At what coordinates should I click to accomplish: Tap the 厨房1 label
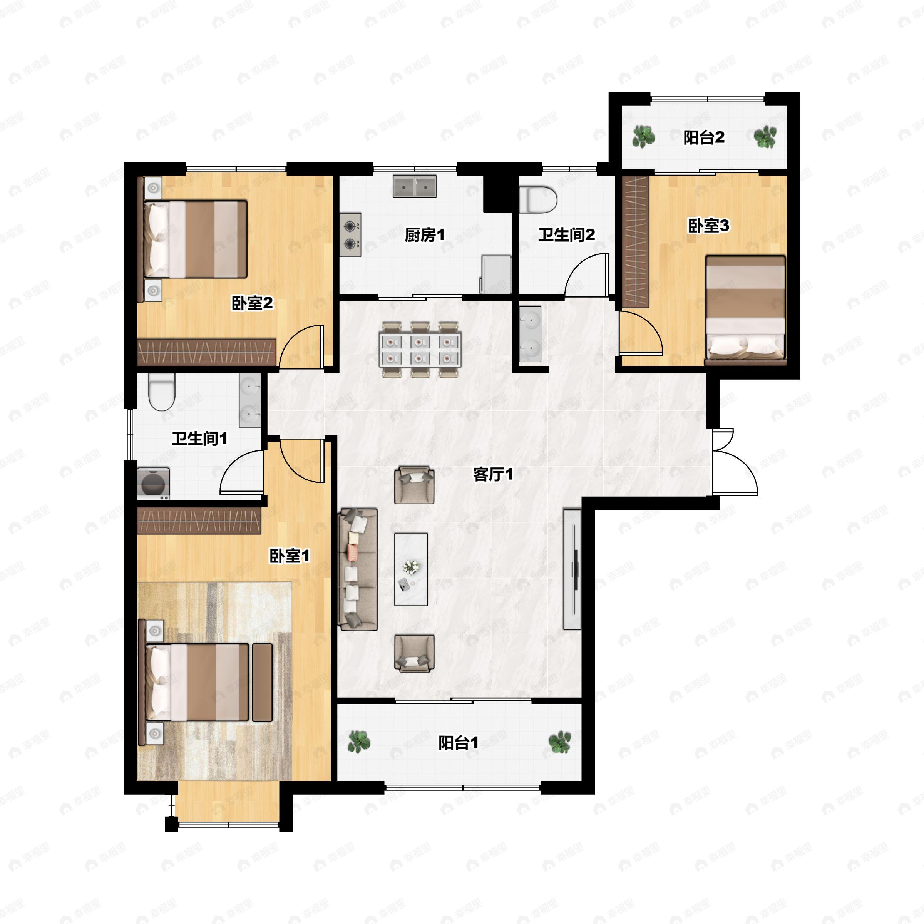[425, 235]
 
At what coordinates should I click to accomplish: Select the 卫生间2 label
[567, 234]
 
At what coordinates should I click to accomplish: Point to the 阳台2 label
[703, 138]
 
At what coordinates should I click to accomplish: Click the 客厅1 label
[493, 474]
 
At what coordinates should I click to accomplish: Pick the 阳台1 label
[458, 743]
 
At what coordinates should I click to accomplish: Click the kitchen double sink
[415, 186]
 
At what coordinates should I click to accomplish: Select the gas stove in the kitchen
[351, 234]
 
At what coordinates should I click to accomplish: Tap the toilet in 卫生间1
[162, 391]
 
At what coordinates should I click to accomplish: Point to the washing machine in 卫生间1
[154, 484]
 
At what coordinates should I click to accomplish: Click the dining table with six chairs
[420, 350]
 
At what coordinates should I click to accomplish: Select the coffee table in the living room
[411, 569]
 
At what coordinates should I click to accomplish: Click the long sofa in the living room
[358, 569]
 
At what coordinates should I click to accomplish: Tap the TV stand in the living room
[572, 569]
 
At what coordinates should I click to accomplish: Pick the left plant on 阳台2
[643, 137]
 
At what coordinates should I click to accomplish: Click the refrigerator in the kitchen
[496, 274]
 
